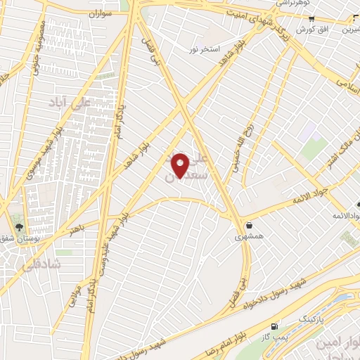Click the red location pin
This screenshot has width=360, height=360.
point(181,165)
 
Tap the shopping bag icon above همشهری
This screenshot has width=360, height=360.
point(250,226)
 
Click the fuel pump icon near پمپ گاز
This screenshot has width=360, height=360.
point(274,326)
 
